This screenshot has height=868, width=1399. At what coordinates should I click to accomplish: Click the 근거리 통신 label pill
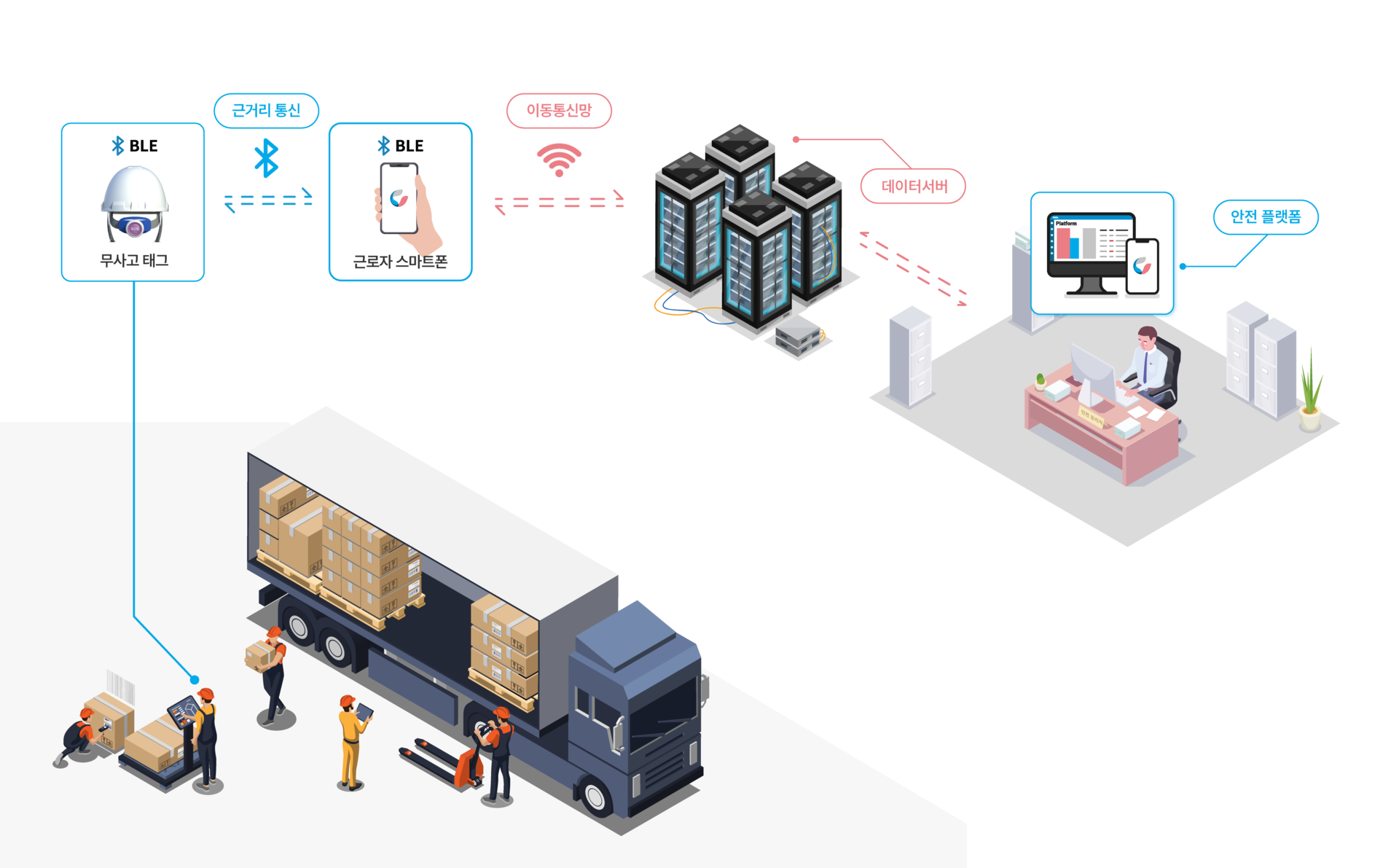pos(266,111)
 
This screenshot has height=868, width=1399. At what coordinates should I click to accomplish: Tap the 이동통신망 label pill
pos(559,111)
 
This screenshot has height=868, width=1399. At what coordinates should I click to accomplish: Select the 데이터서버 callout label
pos(914,187)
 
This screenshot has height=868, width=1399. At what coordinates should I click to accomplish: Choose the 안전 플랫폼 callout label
pos(1265,217)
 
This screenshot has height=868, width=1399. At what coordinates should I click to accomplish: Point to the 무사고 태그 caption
pos(134,260)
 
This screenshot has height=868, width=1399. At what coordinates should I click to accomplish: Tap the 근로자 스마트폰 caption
pos(400,262)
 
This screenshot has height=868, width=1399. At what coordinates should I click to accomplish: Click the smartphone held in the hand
pos(399,198)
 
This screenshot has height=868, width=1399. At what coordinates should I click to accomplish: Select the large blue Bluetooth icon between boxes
pos(266,159)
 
